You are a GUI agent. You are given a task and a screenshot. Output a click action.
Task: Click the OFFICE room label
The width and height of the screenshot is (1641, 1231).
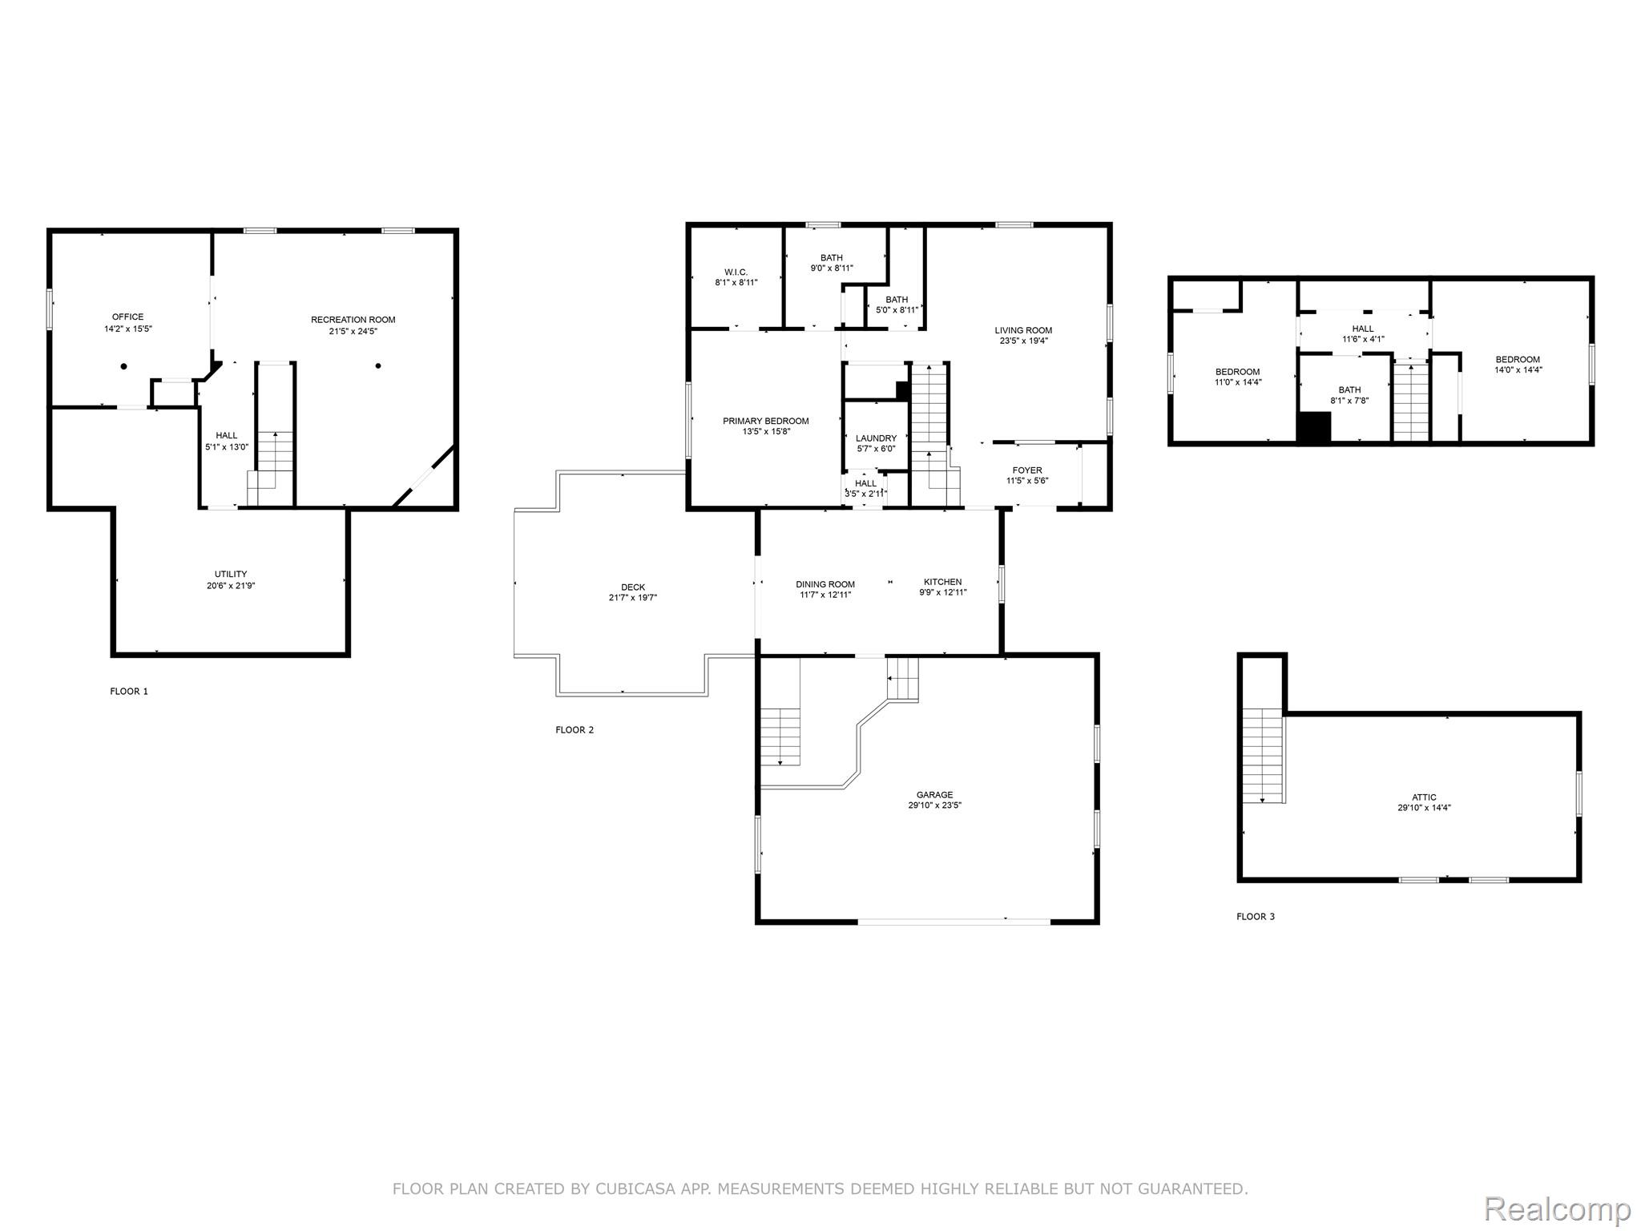tap(127, 317)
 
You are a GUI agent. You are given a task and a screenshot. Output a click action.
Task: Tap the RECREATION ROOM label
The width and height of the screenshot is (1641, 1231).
tap(353, 320)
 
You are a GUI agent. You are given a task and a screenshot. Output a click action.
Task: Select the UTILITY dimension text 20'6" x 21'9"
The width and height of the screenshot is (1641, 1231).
tap(231, 586)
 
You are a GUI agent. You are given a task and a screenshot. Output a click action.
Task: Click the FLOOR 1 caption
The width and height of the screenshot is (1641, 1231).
tap(129, 691)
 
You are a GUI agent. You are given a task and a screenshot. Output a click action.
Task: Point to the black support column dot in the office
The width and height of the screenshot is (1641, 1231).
tap(123, 366)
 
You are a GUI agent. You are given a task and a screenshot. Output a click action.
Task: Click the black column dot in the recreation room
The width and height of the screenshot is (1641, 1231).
tap(378, 366)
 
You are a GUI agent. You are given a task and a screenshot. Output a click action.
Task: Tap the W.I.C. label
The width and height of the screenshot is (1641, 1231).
tap(736, 272)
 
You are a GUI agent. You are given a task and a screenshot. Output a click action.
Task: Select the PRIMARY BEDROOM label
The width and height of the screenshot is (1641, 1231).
tap(765, 421)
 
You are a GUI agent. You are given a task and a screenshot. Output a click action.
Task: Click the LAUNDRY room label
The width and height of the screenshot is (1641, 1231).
tap(876, 438)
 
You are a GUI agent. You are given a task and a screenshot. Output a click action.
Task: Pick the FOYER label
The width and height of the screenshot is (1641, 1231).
tap(1027, 470)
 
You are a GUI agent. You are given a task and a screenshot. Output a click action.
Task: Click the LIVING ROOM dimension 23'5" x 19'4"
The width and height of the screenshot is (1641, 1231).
tap(1023, 341)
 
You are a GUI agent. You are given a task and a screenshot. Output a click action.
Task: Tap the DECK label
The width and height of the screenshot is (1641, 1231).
tap(632, 587)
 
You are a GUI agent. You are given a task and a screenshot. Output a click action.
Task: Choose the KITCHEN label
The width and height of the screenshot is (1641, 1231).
tap(942, 582)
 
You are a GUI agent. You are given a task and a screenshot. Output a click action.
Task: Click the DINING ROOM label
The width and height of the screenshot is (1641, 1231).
tap(825, 584)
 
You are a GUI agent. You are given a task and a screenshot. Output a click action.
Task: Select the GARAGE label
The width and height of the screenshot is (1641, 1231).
tap(934, 795)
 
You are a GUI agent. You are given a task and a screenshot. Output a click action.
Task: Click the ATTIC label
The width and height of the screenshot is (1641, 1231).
tap(1424, 797)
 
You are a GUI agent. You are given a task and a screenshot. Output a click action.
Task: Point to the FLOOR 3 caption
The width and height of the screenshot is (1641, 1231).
tap(1255, 916)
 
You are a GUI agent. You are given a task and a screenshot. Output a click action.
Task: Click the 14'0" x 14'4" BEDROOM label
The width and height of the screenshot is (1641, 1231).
tap(1517, 360)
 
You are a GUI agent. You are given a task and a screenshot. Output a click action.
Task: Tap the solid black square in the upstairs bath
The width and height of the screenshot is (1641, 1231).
tap(1313, 426)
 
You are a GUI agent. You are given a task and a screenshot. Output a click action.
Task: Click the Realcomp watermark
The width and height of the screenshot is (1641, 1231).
tap(1557, 1208)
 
